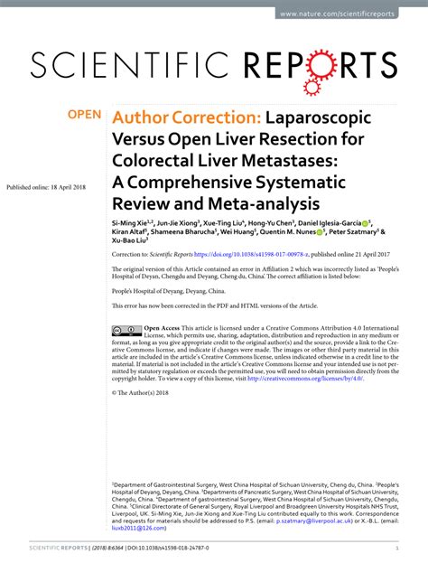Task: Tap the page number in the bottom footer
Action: [398, 549]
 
